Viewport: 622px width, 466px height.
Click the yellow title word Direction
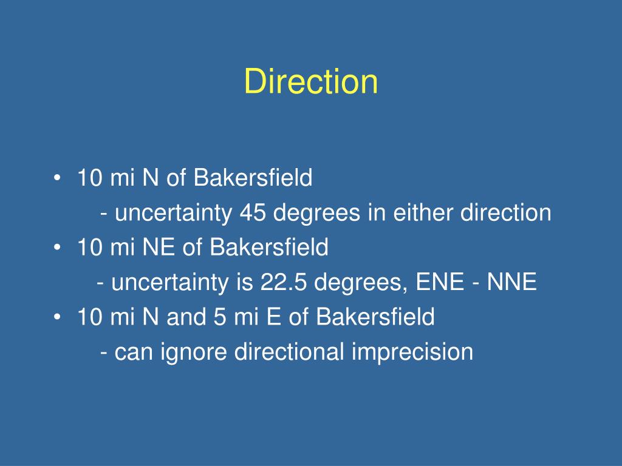pos(311,81)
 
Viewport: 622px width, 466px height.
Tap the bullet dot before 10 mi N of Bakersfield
pos(57,178)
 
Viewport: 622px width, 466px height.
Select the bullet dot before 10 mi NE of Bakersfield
pos(57,248)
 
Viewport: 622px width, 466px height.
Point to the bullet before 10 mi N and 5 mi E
pos(57,317)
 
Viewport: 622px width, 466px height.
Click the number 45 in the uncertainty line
pos(253,212)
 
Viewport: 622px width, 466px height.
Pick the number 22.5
pos(283,282)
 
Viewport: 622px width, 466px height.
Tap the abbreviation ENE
pos(440,282)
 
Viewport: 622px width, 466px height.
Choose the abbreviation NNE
pos(511,282)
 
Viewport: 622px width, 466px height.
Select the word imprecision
pos(412,352)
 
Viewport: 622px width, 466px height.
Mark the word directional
pos(289,351)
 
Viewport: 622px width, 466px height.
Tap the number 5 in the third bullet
pos(220,317)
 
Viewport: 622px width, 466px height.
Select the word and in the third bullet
pos(186,317)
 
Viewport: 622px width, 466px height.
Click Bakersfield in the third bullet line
pos(375,317)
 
